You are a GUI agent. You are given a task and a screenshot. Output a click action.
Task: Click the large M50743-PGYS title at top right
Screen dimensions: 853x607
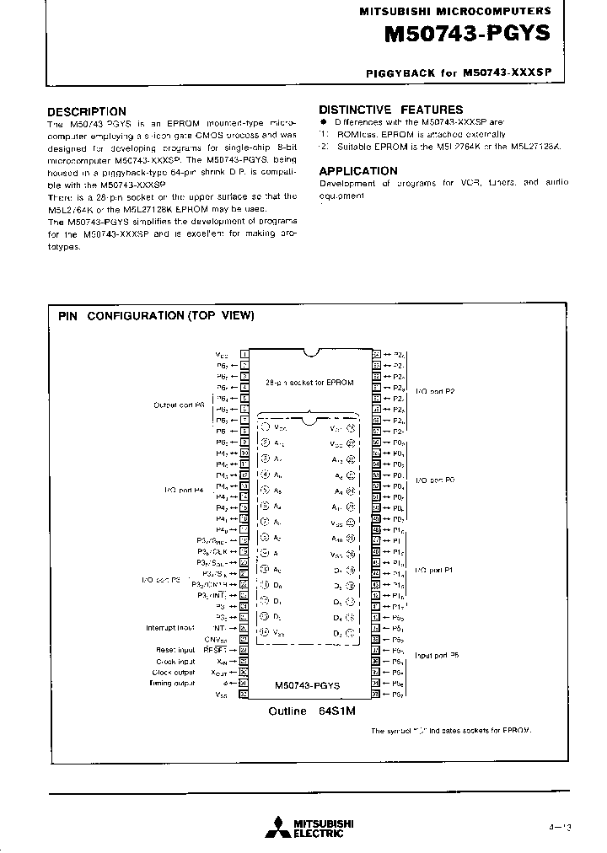coord(466,35)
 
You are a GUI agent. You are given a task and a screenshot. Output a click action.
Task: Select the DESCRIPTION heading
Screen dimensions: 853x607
coord(86,111)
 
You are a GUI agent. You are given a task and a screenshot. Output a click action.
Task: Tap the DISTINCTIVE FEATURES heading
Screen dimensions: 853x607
coord(390,110)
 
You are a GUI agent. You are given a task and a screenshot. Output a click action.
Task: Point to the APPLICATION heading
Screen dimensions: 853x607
coord(357,170)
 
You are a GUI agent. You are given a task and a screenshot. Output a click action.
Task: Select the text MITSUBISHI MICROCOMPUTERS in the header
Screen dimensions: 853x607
coord(455,11)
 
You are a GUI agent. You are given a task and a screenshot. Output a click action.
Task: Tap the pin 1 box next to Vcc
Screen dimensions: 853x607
coord(244,355)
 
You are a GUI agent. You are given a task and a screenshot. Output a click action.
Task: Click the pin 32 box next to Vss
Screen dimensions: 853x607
coord(244,695)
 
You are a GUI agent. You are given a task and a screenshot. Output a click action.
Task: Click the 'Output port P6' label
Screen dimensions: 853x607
coord(179,405)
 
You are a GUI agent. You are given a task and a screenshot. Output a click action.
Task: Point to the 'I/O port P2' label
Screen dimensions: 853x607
coord(436,392)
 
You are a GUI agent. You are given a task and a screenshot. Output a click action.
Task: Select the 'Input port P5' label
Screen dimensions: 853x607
coord(437,655)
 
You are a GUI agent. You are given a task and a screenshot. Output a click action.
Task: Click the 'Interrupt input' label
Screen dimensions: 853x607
coord(170,627)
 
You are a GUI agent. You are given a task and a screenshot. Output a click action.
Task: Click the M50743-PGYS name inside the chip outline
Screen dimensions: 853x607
coord(307,685)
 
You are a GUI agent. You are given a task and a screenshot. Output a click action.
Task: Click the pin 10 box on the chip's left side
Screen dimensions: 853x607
coord(244,453)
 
